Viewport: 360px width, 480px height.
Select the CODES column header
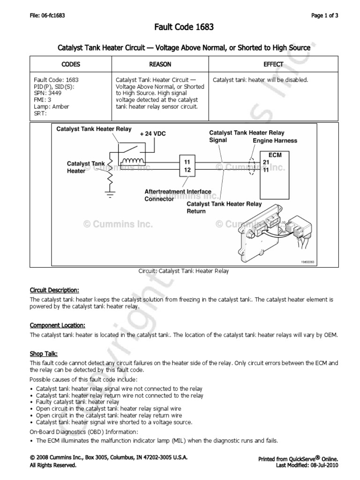(71, 64)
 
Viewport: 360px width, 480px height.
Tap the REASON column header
(160, 64)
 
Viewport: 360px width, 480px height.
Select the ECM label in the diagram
(275, 154)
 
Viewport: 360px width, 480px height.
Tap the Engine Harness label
(275, 141)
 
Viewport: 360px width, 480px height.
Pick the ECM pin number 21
(266, 162)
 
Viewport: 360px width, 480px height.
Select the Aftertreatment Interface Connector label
(178, 195)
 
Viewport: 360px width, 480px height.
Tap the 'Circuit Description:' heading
(54, 289)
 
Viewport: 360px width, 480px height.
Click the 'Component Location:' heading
(57, 325)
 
